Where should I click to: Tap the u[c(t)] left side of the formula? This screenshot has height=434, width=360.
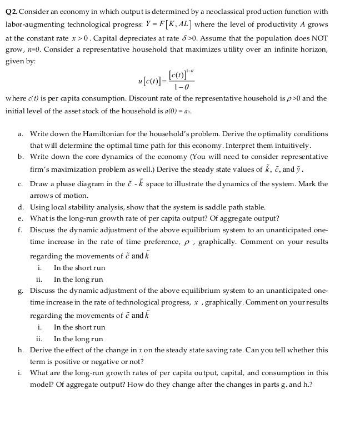point(149,81)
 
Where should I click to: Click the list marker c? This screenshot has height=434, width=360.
point(20,184)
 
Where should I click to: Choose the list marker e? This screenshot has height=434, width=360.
point(20,218)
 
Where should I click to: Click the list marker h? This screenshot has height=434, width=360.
point(20,350)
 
